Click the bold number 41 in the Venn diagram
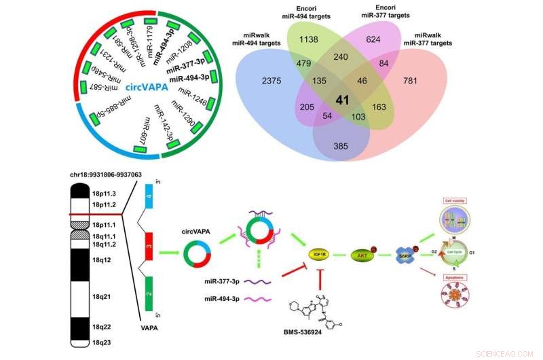343,101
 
